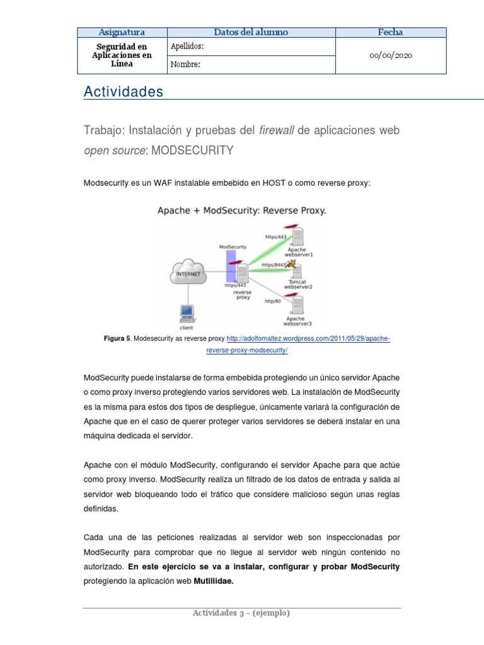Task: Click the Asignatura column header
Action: [x=122, y=32]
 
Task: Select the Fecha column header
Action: [x=390, y=32]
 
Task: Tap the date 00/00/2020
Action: [x=390, y=55]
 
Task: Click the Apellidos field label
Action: [x=187, y=47]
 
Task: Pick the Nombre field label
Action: [x=185, y=64]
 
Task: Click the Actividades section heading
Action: [x=124, y=92]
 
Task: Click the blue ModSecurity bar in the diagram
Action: [x=231, y=265]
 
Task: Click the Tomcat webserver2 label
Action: [x=298, y=284]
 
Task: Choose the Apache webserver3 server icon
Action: [x=297, y=306]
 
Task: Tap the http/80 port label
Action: [x=272, y=302]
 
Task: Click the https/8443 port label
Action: [x=273, y=265]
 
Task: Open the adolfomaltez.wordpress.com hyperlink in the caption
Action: [x=308, y=339]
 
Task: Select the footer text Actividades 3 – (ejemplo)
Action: [x=242, y=613]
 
